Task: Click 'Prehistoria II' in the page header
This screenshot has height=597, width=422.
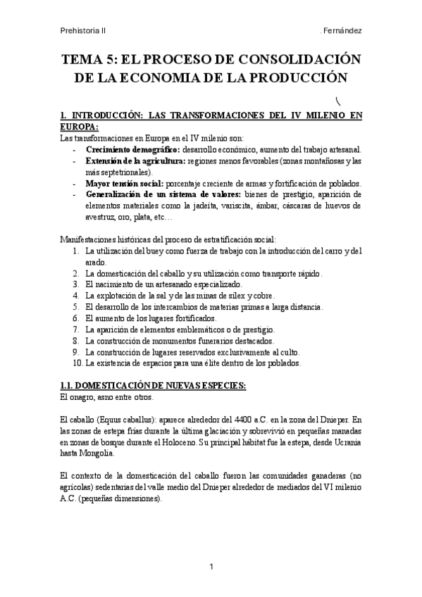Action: (x=84, y=31)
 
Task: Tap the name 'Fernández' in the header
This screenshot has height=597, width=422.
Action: (x=342, y=31)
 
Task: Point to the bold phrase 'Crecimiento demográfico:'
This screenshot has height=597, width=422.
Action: (x=132, y=150)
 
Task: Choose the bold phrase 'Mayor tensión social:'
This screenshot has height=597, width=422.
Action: (x=123, y=183)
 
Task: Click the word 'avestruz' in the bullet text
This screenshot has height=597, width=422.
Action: (x=101, y=217)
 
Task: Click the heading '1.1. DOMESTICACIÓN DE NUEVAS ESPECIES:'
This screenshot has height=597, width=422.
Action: (x=151, y=385)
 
